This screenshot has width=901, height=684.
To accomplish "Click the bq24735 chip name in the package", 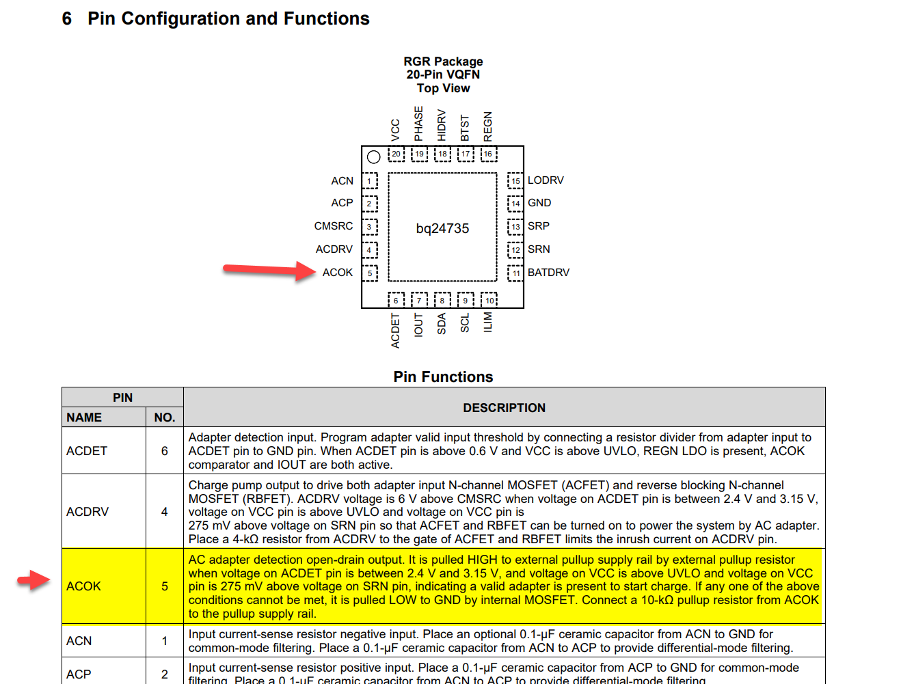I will tap(442, 228).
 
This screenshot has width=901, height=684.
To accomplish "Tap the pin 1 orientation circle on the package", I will tap(373, 157).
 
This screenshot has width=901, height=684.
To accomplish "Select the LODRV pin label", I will tap(546, 180).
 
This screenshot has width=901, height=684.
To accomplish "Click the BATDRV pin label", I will tap(548, 272).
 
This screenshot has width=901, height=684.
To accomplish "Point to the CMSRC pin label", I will tap(334, 226).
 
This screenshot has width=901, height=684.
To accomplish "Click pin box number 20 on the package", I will tap(396, 154).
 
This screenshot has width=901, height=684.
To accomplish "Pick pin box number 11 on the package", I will tap(515, 273).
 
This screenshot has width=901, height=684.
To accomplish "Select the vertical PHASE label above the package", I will tap(418, 124).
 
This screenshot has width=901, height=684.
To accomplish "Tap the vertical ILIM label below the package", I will tap(488, 323).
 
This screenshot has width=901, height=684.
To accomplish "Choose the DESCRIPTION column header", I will tap(504, 408).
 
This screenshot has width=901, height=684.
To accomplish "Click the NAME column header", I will tap(84, 418).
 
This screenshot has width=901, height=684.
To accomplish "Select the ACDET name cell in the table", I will tap(87, 451).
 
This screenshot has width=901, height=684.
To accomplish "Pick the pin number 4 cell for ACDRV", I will tap(164, 512).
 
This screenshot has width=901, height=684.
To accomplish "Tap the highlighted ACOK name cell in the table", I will tap(83, 586).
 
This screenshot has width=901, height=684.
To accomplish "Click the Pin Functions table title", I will tap(443, 377).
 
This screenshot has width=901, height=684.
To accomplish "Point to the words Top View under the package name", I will tap(443, 88).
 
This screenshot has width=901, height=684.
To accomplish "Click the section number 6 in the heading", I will tap(66, 18).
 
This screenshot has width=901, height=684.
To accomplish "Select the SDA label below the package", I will tap(442, 324).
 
